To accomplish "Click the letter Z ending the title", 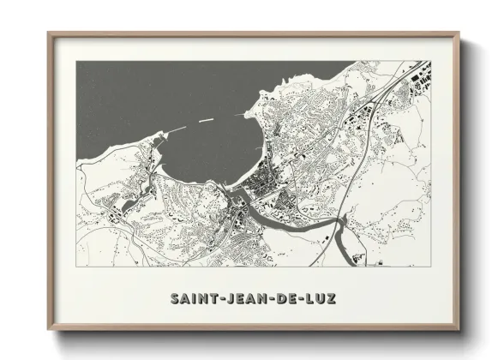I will pos(332,299).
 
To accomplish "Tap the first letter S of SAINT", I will pos(175,299).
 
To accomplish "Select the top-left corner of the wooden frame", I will pos(49,34).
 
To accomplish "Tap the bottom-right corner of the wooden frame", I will pos(459,330).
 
